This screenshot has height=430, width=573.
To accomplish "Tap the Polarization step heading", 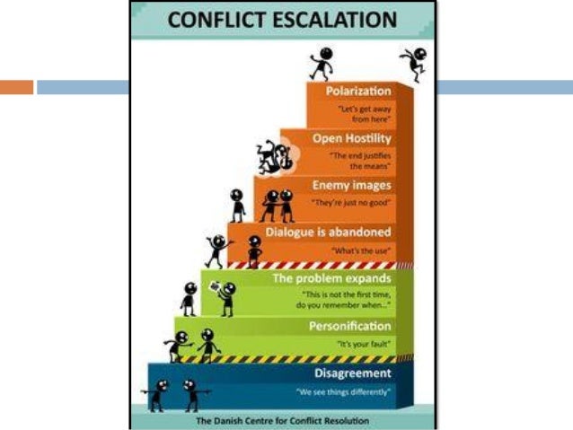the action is [358, 91].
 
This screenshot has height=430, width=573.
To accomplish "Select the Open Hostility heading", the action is [351, 138].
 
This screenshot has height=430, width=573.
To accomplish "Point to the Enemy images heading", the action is [351, 185].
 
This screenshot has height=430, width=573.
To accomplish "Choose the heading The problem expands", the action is [331, 279].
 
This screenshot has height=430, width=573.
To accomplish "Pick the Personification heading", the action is [349, 326].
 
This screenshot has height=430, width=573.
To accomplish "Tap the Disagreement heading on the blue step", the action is [353, 373].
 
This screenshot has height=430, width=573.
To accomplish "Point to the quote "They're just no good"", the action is [351, 204].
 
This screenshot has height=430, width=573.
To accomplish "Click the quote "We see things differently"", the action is [343, 392].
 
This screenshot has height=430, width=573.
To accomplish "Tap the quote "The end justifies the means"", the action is [360, 162].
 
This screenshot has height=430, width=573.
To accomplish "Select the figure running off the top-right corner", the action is [414, 63].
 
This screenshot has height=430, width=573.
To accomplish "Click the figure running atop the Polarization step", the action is [322, 63].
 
